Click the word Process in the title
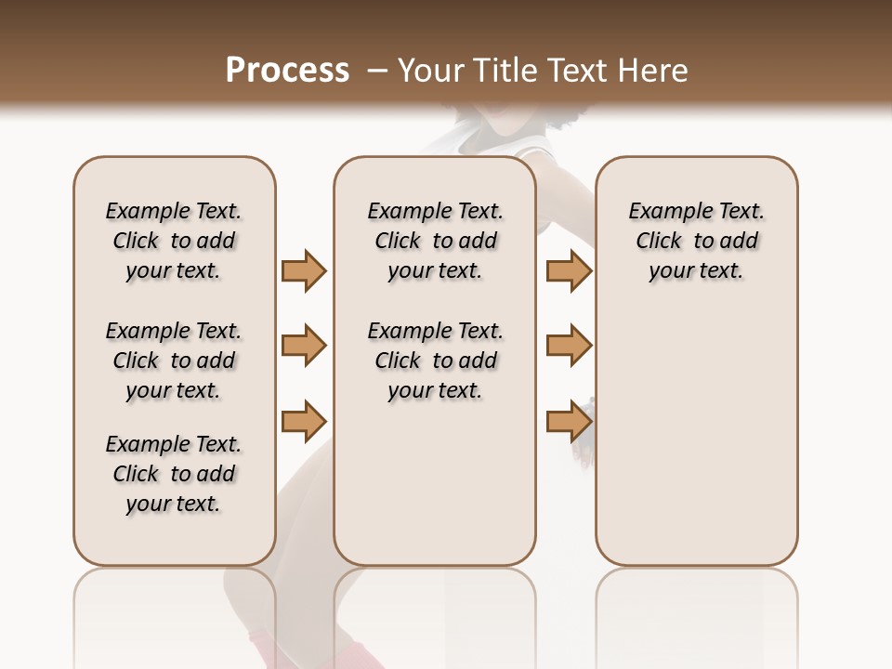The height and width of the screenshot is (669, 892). [x=287, y=70]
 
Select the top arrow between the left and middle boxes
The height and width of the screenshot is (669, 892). [x=304, y=270]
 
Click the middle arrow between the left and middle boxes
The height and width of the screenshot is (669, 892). [x=304, y=346]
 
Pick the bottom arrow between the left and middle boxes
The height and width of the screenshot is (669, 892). [x=304, y=420]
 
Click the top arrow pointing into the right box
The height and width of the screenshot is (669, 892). [x=569, y=270]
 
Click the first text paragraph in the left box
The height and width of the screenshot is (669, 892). [x=174, y=241]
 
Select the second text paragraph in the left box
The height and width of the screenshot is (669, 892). [x=174, y=361]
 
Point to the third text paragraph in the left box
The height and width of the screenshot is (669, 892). [x=174, y=474]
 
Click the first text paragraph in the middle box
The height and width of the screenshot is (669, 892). [x=435, y=241]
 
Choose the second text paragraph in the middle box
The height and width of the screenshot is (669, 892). [x=435, y=361]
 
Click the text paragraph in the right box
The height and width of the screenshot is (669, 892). [x=697, y=241]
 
